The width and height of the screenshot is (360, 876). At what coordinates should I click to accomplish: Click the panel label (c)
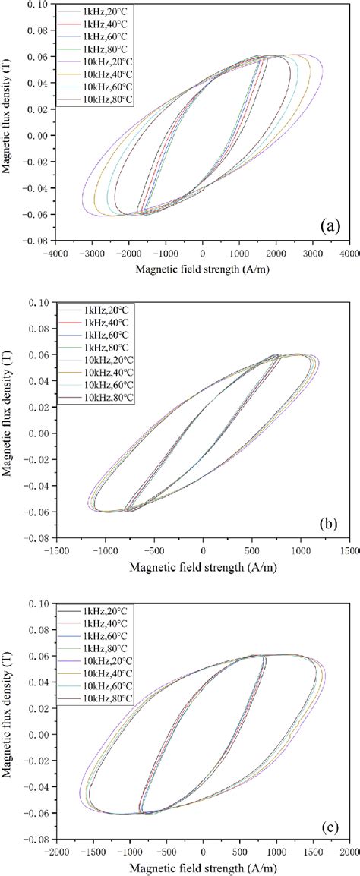pos(332,822)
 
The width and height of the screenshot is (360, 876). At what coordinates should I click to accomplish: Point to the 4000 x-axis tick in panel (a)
pos(349,256)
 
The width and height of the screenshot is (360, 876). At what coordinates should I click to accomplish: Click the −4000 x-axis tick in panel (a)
pos(55,256)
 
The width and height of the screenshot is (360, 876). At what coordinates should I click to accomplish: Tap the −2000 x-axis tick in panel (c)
pos(55,852)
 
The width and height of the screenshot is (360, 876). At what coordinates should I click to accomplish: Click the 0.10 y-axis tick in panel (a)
pos(36,5)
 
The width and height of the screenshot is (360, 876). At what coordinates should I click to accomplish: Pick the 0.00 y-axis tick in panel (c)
pos(36,732)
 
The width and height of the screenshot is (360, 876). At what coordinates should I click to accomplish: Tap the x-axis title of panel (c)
pos(201,866)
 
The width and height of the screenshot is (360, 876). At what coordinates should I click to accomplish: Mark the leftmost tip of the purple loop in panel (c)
pos(80,792)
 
